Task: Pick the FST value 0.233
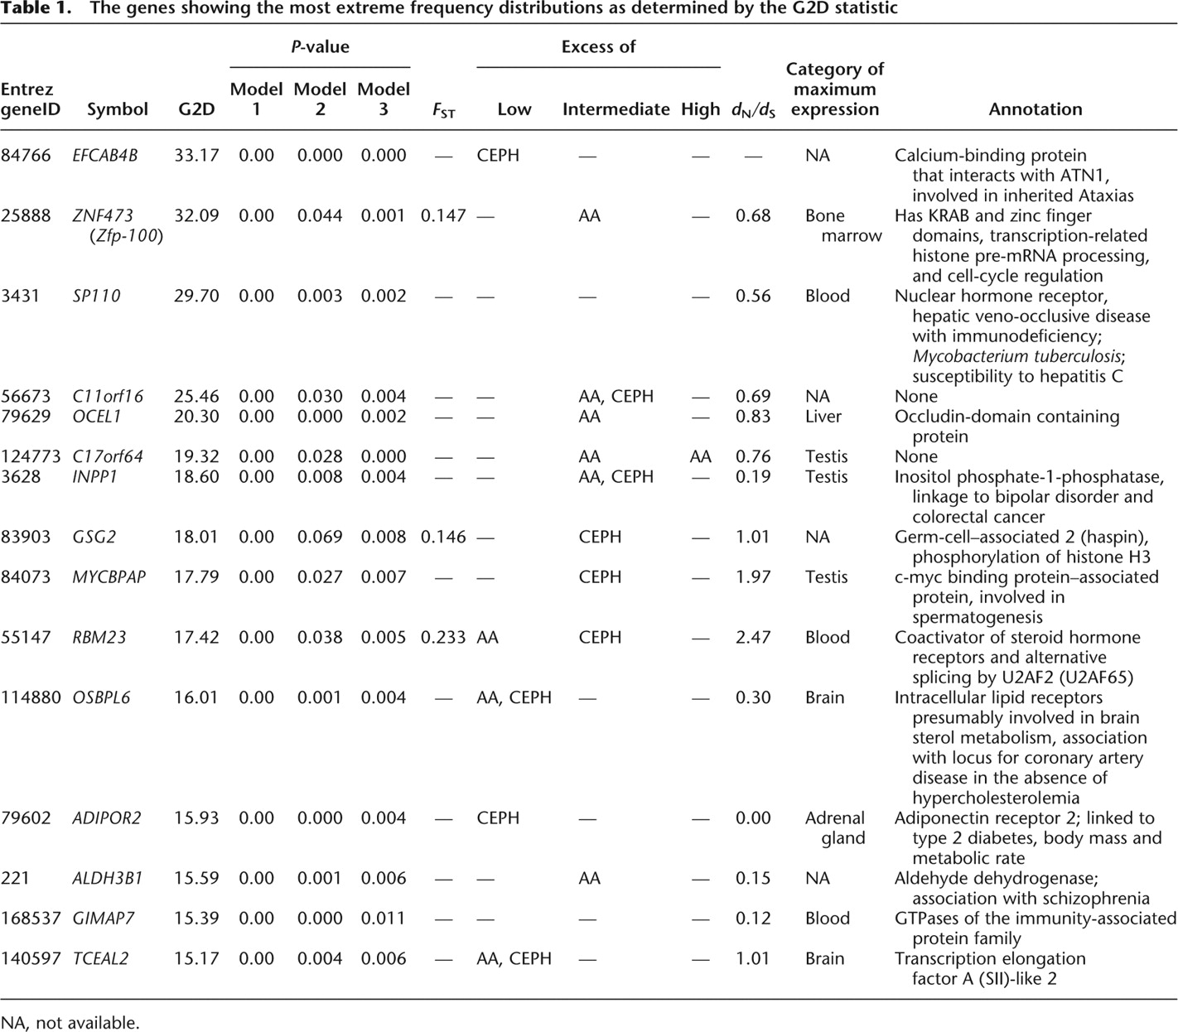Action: click(x=443, y=637)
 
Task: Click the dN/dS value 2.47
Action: click(x=753, y=637)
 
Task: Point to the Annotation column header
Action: click(x=1035, y=109)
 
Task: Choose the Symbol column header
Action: click(x=118, y=109)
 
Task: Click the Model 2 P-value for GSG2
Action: click(x=320, y=537)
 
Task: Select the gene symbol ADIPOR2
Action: click(x=107, y=817)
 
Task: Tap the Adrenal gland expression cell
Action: click(x=835, y=827)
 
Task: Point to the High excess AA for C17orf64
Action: click(x=700, y=456)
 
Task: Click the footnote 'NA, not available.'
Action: click(x=70, y=1022)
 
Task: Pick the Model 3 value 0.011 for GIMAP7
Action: click(x=383, y=918)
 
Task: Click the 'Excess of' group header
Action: click(x=598, y=46)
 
